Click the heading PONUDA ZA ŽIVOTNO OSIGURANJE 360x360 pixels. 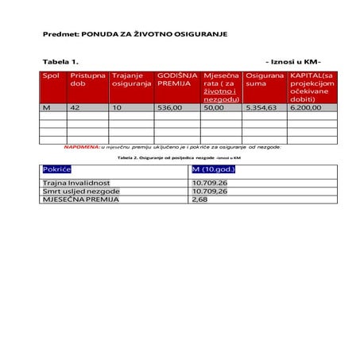click(x=135, y=36)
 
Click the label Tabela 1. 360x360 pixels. click(x=60, y=61)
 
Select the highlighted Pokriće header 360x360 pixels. click(x=57, y=169)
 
